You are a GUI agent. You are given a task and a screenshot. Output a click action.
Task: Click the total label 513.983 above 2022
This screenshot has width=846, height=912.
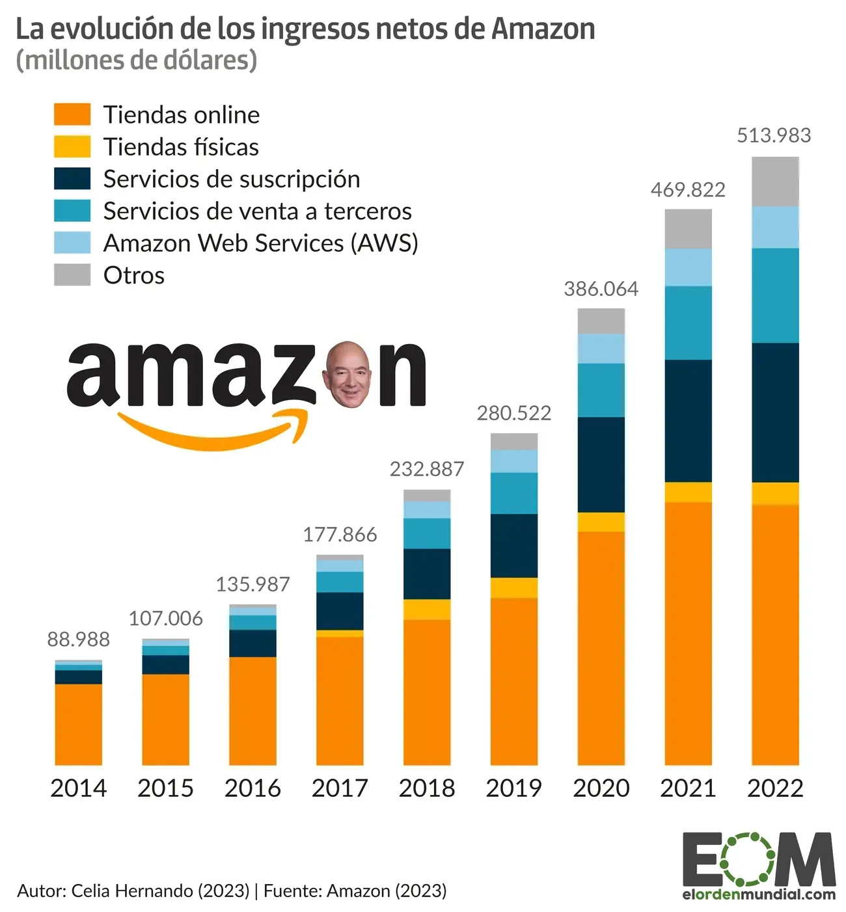click(x=774, y=135)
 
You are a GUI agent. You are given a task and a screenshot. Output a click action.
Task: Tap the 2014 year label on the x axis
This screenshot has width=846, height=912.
click(x=78, y=788)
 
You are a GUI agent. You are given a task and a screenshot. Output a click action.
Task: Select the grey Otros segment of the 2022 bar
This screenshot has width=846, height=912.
click(x=774, y=181)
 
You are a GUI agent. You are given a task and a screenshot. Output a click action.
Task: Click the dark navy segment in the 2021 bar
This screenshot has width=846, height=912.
click(x=688, y=420)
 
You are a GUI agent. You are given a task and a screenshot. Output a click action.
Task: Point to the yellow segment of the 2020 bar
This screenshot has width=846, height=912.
click(x=601, y=522)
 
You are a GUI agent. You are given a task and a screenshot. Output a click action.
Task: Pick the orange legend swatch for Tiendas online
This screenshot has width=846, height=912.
click(x=72, y=114)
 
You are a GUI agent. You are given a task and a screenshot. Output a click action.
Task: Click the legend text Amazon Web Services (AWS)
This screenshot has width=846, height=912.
click(x=260, y=243)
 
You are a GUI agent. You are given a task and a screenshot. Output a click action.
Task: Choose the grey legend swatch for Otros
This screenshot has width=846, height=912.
click(x=72, y=275)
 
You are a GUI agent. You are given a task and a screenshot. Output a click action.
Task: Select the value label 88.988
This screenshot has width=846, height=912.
click(x=78, y=639)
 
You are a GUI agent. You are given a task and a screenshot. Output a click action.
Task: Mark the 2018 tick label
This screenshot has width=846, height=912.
click(x=427, y=788)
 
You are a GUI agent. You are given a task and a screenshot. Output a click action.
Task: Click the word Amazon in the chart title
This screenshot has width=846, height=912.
click(x=543, y=29)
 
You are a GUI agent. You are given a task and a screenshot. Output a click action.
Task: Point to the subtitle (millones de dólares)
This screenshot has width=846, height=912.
click(x=136, y=60)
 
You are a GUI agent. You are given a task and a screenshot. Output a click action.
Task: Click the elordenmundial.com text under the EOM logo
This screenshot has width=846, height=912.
click(x=759, y=894)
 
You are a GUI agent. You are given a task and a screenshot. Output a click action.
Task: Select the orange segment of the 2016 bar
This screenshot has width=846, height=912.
click(x=252, y=710)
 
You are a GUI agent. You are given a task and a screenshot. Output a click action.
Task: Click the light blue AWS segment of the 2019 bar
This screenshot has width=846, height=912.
click(x=513, y=461)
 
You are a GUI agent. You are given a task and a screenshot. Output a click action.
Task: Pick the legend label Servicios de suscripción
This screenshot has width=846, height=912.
click(x=232, y=179)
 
